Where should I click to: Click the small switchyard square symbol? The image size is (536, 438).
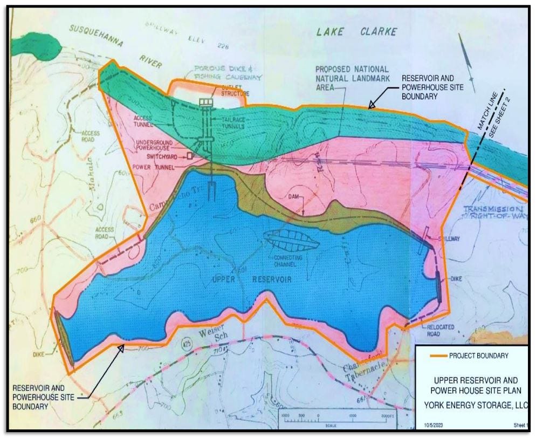point(190,158)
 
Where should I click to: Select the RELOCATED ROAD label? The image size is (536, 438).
point(430,330)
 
